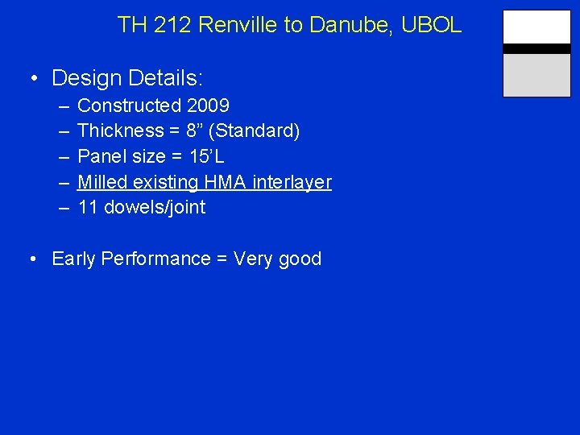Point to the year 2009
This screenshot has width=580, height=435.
point(209,106)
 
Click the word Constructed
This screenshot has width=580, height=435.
point(130,106)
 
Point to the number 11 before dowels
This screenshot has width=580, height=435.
point(88,207)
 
